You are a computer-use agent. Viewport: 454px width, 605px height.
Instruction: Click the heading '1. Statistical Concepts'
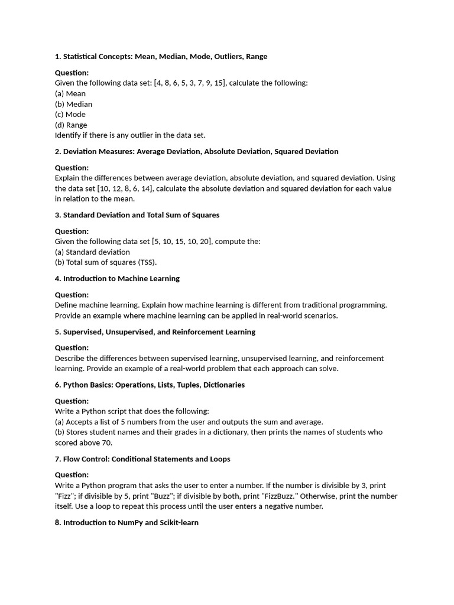coord(161,57)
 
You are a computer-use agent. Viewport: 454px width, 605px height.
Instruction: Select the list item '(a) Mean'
coord(70,93)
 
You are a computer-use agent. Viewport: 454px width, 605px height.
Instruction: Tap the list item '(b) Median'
coord(73,104)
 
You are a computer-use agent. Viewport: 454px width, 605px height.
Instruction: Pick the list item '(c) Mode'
coord(70,114)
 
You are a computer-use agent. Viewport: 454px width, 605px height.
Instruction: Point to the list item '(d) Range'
coord(71,125)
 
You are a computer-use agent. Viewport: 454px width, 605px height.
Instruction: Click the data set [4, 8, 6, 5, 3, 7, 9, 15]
coord(189,83)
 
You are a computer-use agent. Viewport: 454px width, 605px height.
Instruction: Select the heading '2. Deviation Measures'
coord(196,151)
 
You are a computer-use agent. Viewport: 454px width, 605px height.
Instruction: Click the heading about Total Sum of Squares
coord(137,215)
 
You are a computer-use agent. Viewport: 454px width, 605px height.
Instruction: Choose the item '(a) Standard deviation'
coord(92,252)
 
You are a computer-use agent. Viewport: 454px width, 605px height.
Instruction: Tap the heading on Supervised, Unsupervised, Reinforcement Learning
coord(155,331)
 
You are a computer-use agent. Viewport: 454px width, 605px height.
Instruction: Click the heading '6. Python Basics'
coord(150,385)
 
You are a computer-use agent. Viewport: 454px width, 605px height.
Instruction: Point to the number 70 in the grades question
coord(106,443)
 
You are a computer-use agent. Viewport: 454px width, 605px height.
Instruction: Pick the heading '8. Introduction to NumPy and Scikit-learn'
coord(127,522)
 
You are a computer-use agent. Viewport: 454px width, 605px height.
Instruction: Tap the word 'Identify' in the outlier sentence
coord(68,135)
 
